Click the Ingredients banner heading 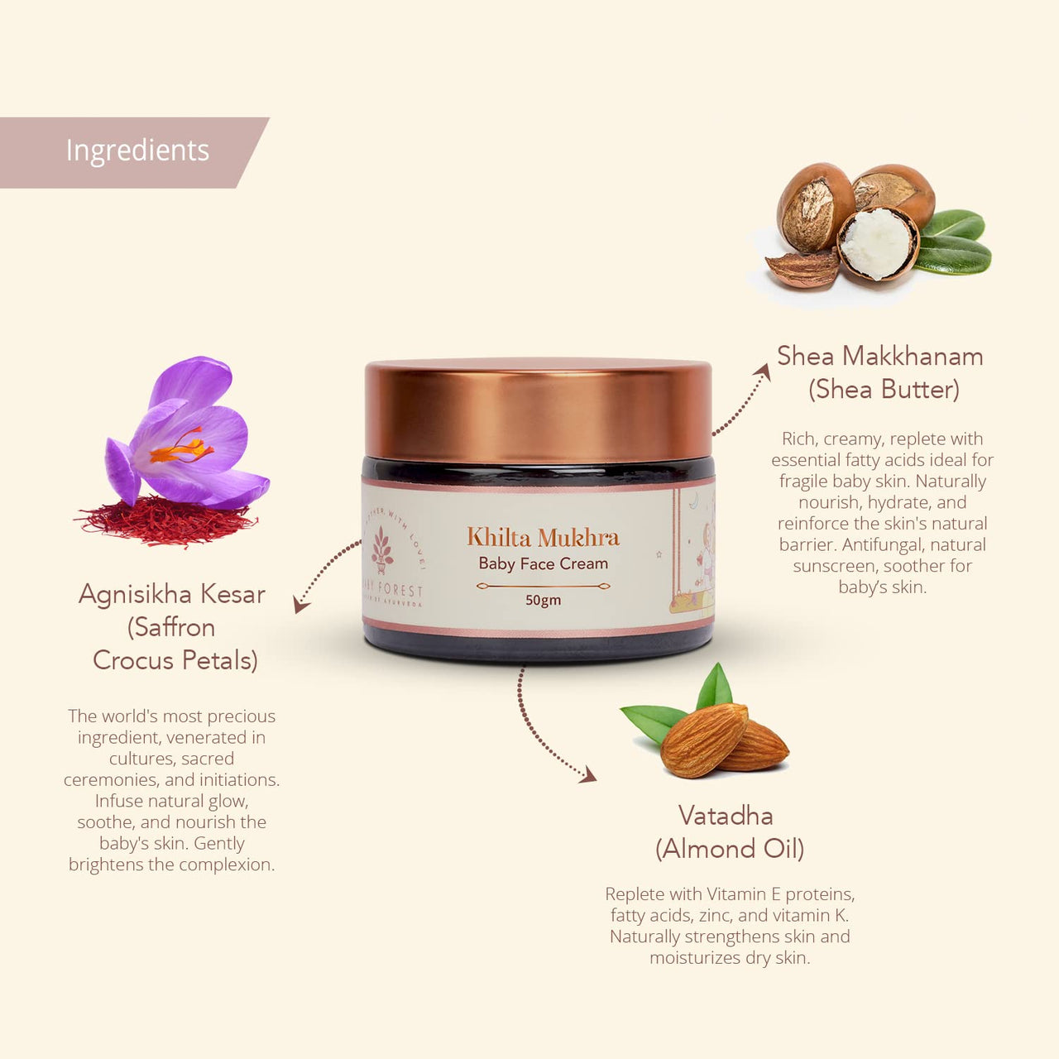[137, 151]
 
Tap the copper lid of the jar [539, 410]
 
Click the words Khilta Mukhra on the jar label [543, 538]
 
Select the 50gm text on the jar [543, 600]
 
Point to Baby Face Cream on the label [543, 564]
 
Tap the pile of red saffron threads [165, 521]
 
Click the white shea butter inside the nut [877, 242]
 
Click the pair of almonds [720, 740]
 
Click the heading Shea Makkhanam [879, 357]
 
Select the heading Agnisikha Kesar [172, 594]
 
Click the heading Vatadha [726, 816]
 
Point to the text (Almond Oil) [730, 849]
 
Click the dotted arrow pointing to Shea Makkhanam [740, 401]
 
